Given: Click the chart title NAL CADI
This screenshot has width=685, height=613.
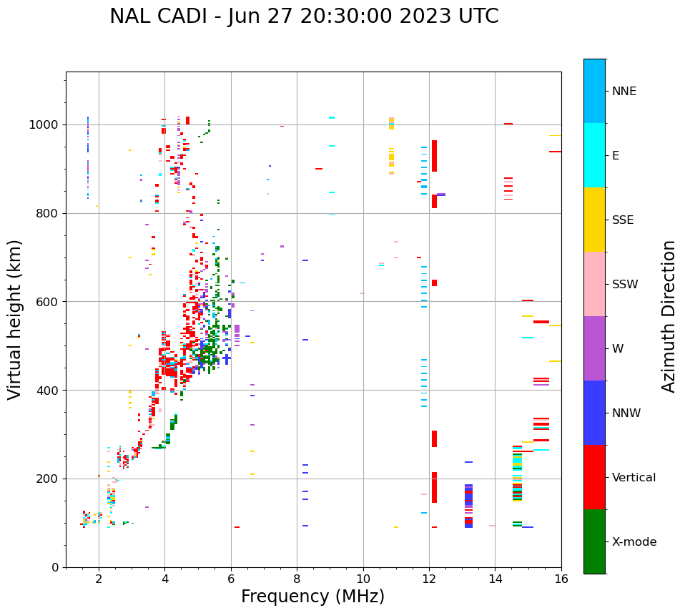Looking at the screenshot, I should (304, 16).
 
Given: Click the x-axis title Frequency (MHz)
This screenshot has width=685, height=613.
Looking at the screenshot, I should (312, 597).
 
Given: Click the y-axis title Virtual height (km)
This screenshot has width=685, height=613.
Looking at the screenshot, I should (15, 319).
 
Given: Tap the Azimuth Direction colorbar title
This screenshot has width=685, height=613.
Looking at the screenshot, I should (669, 315).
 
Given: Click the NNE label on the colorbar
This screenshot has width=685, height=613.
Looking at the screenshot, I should (624, 92).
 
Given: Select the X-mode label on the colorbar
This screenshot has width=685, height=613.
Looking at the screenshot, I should (634, 542).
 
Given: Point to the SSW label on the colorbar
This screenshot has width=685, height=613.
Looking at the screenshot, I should (625, 285).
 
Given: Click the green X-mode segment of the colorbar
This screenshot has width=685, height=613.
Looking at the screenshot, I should (594, 541).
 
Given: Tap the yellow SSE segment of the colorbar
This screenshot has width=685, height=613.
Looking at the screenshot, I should (594, 220).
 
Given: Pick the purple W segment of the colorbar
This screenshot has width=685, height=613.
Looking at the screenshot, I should (594, 348).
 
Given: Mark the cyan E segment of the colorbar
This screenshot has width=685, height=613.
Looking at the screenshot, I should (594, 155).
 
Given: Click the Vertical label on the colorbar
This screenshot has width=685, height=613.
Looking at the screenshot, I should (634, 478).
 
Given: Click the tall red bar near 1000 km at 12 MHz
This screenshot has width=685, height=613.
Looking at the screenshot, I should (434, 155).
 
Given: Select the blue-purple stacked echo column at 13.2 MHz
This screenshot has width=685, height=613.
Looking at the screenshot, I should (468, 506).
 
